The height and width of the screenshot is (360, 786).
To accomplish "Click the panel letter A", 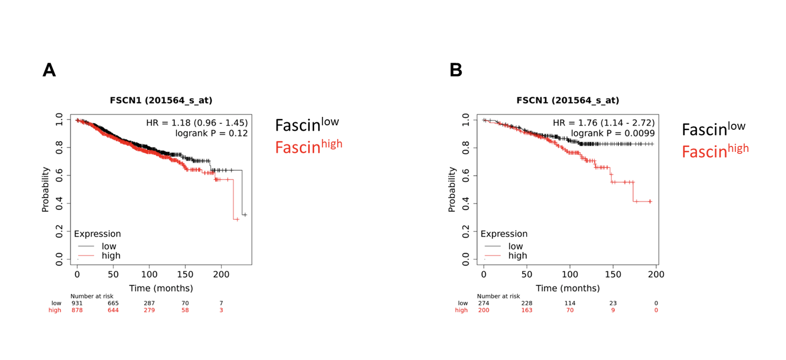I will (x=49, y=70).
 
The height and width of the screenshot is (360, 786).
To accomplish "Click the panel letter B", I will (x=456, y=70).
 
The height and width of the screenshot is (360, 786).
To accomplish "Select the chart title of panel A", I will (x=161, y=101).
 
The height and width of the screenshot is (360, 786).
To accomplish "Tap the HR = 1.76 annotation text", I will (x=603, y=123).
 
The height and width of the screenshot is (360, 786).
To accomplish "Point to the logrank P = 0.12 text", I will (x=211, y=133).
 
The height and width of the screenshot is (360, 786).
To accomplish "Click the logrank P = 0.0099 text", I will (x=612, y=133).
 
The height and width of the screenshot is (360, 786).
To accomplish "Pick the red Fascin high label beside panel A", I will (x=308, y=147).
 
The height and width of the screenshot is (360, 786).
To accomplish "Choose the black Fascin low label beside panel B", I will (x=713, y=129).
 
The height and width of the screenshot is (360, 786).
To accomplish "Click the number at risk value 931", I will (x=77, y=303).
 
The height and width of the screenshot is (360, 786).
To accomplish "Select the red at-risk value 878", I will (x=77, y=310).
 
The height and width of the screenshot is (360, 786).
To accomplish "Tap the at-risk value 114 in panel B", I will (x=570, y=303).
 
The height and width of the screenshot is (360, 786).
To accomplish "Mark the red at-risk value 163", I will (x=527, y=310).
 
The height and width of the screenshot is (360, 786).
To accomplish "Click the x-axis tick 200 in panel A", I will (x=221, y=275).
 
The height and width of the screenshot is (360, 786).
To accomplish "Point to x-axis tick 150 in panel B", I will (x=613, y=275).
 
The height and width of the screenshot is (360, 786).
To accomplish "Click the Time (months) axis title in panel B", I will (x=567, y=288).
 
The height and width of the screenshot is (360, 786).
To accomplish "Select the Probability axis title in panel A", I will (x=45, y=189).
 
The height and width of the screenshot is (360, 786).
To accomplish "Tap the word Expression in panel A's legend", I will (x=97, y=234).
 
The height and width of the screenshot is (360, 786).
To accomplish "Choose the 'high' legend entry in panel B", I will (x=517, y=256).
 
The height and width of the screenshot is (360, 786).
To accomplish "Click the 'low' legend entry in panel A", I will (x=109, y=246).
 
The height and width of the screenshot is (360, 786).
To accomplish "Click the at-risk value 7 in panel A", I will (x=221, y=303).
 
